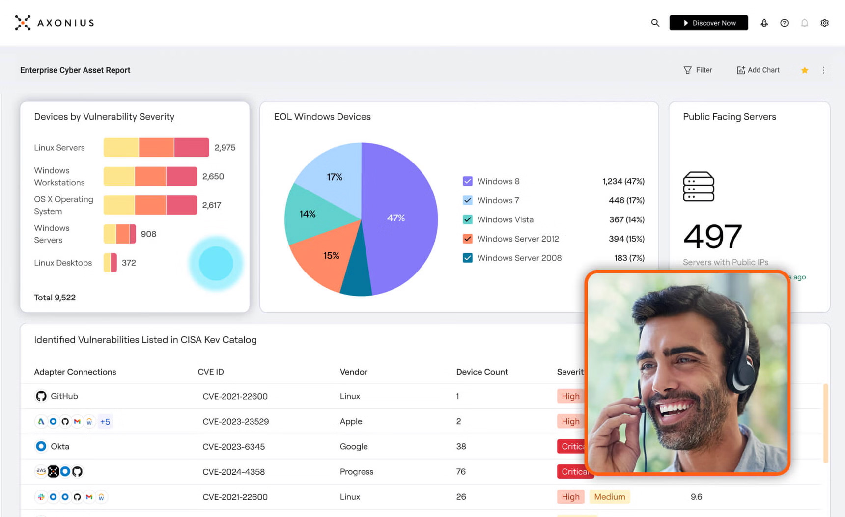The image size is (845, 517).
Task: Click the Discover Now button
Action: coord(708,23)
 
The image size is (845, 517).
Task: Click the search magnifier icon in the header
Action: coord(655,23)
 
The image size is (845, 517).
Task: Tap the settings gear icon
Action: coord(824,23)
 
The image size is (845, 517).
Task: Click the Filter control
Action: coord(698,70)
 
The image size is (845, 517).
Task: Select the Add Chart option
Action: coord(758,70)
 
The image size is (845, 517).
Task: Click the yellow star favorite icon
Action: coord(804,70)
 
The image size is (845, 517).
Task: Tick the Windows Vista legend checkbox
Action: coord(467,219)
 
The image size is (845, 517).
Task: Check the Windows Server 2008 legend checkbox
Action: coord(467,258)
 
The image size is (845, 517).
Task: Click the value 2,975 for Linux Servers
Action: coord(225,148)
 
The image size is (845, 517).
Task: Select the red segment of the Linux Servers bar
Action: coord(192,148)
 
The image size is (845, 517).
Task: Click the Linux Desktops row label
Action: coord(63,263)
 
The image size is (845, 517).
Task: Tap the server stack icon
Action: coord(698,187)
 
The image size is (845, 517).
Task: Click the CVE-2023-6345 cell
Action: coord(234,447)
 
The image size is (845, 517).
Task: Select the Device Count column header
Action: coord(481,372)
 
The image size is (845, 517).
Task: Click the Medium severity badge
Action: coord(609,497)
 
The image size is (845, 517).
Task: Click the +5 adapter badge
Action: coord(105,422)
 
